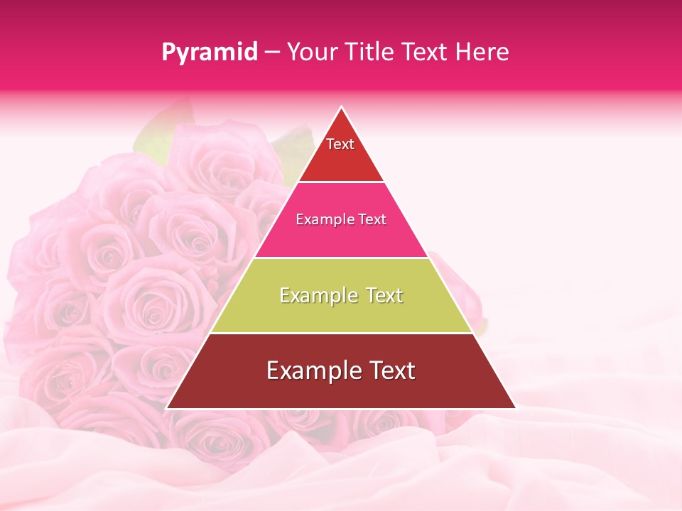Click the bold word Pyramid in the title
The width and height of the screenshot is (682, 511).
210,52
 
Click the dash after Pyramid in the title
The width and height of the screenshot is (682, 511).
272,53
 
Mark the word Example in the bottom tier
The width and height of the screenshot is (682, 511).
310,371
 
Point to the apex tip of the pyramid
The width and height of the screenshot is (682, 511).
341,108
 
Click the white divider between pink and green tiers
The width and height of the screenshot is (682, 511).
341,258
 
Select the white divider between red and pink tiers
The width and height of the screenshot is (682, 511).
341,182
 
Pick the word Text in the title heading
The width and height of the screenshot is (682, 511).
424,52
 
